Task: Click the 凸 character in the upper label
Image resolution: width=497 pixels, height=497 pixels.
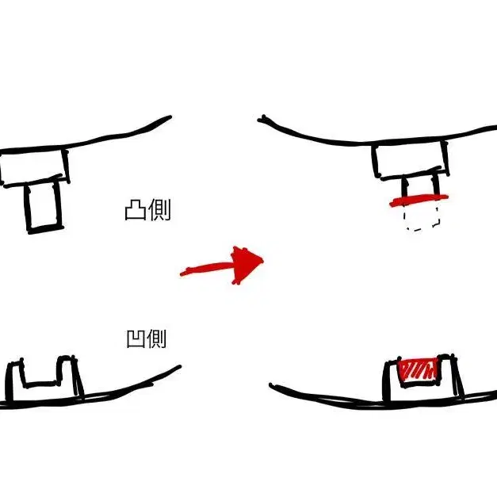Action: tap(136, 209)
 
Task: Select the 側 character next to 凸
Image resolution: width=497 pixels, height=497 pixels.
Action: tap(159, 209)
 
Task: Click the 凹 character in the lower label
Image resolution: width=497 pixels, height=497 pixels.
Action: tap(136, 338)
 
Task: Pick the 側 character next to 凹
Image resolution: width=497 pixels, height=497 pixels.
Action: tap(156, 338)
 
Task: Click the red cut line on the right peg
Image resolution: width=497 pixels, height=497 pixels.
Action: tap(419, 201)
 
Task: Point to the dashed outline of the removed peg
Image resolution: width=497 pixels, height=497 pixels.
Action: tap(422, 219)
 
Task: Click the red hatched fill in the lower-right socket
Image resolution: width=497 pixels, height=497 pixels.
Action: tap(418, 369)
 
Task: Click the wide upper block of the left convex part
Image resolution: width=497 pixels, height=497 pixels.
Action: tap(34, 167)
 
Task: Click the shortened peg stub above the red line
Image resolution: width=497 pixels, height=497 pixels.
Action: tap(420, 186)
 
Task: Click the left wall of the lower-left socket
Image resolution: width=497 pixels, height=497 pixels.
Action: tap(14, 380)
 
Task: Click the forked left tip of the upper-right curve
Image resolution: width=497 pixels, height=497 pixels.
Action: tap(262, 119)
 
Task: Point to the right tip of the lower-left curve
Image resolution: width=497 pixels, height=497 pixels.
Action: tap(179, 367)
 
